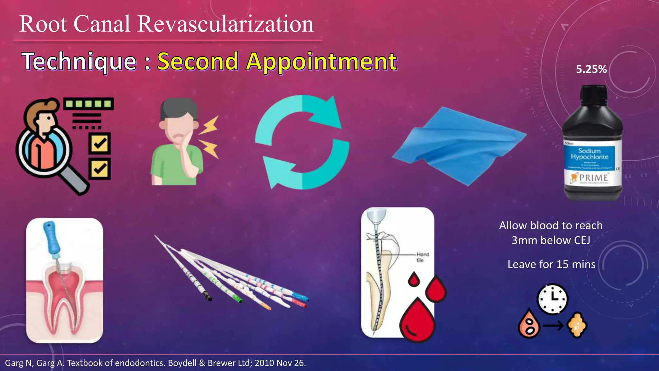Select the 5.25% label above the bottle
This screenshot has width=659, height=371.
click(x=591, y=69)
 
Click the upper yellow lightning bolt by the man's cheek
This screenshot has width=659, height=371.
click(x=209, y=126)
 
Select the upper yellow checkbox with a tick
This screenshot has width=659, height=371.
click(x=100, y=143)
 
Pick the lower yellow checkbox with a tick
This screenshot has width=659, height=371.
click(x=100, y=168)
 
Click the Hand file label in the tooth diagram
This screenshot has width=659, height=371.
click(x=422, y=257)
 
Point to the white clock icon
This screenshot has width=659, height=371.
click(x=552, y=299)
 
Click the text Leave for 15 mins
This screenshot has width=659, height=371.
click(x=551, y=264)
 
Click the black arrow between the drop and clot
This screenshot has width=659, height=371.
click(x=553, y=326)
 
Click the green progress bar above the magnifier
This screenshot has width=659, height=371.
click(x=88, y=104)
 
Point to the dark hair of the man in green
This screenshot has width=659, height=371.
click(x=179, y=108)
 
